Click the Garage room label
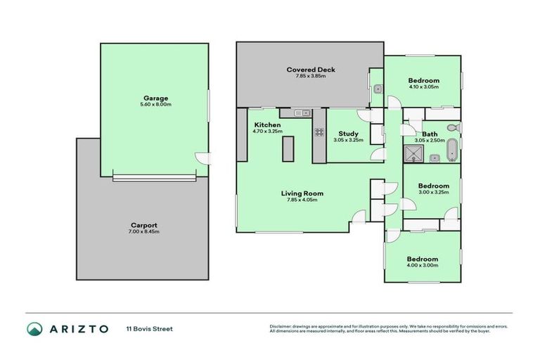pos(155,98)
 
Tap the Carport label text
pos(143,225)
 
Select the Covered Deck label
pos(310,70)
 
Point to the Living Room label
pos(302,193)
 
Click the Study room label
pos(348,134)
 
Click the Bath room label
pos(430,134)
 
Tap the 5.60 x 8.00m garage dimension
pos(155,105)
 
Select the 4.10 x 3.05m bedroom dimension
pos(424,87)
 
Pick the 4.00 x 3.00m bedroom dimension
pos(423,265)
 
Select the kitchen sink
pos(302,112)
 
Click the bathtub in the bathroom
pos(452,150)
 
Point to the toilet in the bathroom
pos(454,128)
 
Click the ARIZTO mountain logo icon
pos(34,328)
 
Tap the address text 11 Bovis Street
pos(149,328)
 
